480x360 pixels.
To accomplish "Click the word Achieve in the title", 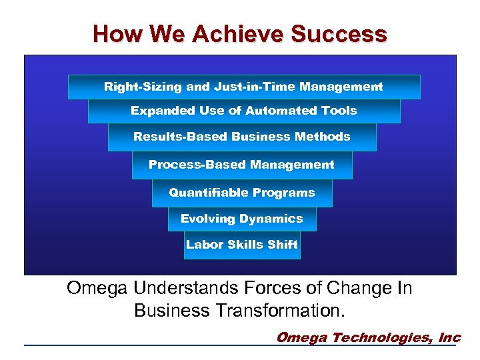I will [x=227, y=33].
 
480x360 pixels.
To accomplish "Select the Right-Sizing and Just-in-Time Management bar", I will [x=244, y=87].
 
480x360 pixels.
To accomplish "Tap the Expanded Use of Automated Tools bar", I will [x=244, y=111].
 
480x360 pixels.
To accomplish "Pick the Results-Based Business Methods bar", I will [x=242, y=137].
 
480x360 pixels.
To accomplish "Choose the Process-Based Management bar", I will [x=242, y=165].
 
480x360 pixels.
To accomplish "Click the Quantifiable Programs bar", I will [x=242, y=193].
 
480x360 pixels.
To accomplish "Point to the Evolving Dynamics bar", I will [x=242, y=219].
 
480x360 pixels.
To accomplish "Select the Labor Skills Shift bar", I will [x=242, y=245].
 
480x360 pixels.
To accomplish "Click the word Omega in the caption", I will [x=98, y=289].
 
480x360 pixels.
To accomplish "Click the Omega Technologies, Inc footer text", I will [x=368, y=337].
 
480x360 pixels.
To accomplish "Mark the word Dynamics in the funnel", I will [x=271, y=219].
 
